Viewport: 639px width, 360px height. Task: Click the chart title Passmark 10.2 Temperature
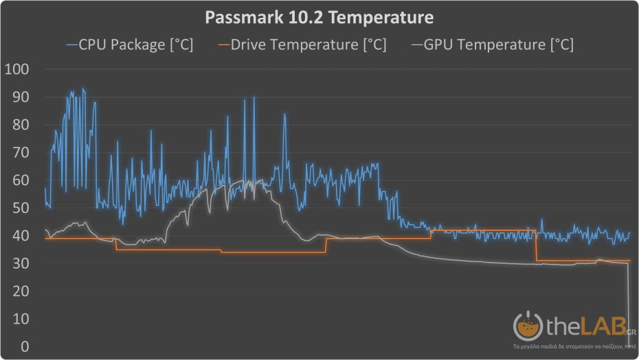point(319,16)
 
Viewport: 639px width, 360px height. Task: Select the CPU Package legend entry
point(136,45)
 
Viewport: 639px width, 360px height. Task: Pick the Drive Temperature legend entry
point(309,45)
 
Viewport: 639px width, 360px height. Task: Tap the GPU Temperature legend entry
point(499,45)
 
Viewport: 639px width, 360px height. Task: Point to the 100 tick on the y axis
point(17,69)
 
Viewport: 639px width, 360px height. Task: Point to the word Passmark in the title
point(241,16)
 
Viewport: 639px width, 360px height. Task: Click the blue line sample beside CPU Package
point(72,45)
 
